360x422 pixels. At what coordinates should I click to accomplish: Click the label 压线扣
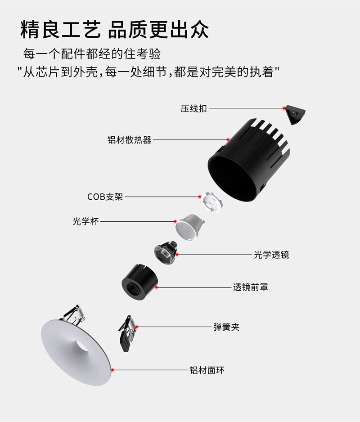(x=193, y=108)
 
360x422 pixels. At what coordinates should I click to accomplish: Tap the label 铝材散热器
(x=129, y=139)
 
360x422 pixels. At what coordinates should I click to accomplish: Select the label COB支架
(x=105, y=197)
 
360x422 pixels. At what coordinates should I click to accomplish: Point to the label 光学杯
(x=85, y=221)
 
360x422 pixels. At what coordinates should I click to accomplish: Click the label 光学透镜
(x=271, y=255)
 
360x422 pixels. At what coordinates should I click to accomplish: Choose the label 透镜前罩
(x=250, y=287)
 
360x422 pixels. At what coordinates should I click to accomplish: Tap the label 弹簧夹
(x=226, y=327)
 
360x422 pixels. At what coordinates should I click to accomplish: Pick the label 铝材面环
(x=207, y=370)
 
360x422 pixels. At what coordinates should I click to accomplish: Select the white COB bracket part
(x=212, y=201)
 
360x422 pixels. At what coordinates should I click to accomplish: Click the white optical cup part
(x=189, y=227)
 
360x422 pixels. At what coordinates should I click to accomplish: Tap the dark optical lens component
(x=165, y=251)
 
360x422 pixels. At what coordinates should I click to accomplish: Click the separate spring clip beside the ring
(x=127, y=333)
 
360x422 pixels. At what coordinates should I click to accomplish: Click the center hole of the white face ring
(x=82, y=346)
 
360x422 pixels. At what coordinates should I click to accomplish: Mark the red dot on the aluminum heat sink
(x=228, y=139)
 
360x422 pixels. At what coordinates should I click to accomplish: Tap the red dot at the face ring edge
(x=112, y=370)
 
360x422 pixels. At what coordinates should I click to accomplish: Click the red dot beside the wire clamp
(x=284, y=108)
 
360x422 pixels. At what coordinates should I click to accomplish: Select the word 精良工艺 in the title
(x=61, y=29)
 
